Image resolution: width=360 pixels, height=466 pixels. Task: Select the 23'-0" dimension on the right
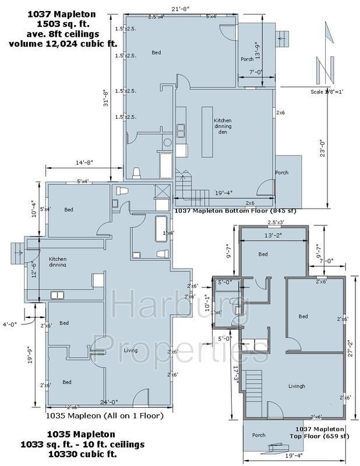(x=324, y=142)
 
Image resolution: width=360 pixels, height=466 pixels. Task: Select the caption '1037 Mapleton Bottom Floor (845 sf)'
(x=235, y=210)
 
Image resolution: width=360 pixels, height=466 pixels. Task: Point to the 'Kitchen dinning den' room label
(x=223, y=126)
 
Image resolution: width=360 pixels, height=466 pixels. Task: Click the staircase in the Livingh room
(x=253, y=385)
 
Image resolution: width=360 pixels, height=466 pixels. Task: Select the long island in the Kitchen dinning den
(x=207, y=131)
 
